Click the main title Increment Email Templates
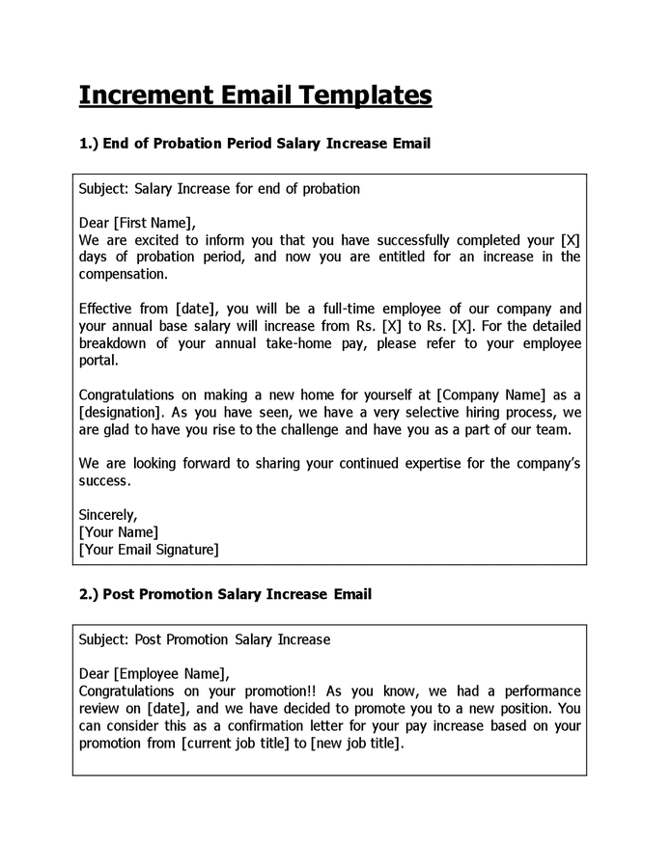tap(255, 95)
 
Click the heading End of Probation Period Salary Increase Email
tap(254, 144)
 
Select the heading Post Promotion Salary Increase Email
tap(225, 594)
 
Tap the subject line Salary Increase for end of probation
tap(219, 188)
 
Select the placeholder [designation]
tap(123, 412)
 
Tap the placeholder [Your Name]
tap(119, 532)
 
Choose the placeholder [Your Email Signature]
tap(149, 550)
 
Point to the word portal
tap(98, 361)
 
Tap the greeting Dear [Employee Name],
tap(154, 674)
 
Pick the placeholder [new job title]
tap(356, 744)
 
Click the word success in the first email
tap(103, 480)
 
